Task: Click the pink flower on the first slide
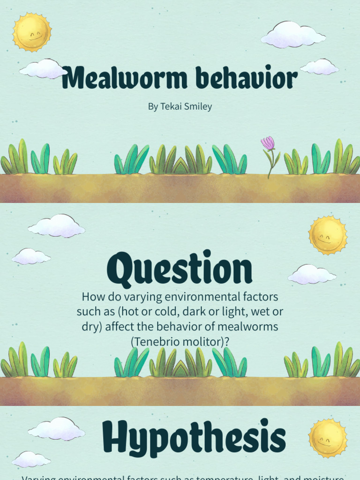[x=268, y=143]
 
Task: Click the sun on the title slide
[x=31, y=32]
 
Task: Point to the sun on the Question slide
[x=328, y=235]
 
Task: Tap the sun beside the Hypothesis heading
[x=328, y=438]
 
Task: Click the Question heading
[x=180, y=270]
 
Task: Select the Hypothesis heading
[x=194, y=436]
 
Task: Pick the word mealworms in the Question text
[x=255, y=326]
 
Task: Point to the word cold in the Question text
[x=160, y=311]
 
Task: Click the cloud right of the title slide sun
[x=293, y=35]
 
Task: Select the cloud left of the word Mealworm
[x=44, y=69]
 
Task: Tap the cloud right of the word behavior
[x=319, y=67]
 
